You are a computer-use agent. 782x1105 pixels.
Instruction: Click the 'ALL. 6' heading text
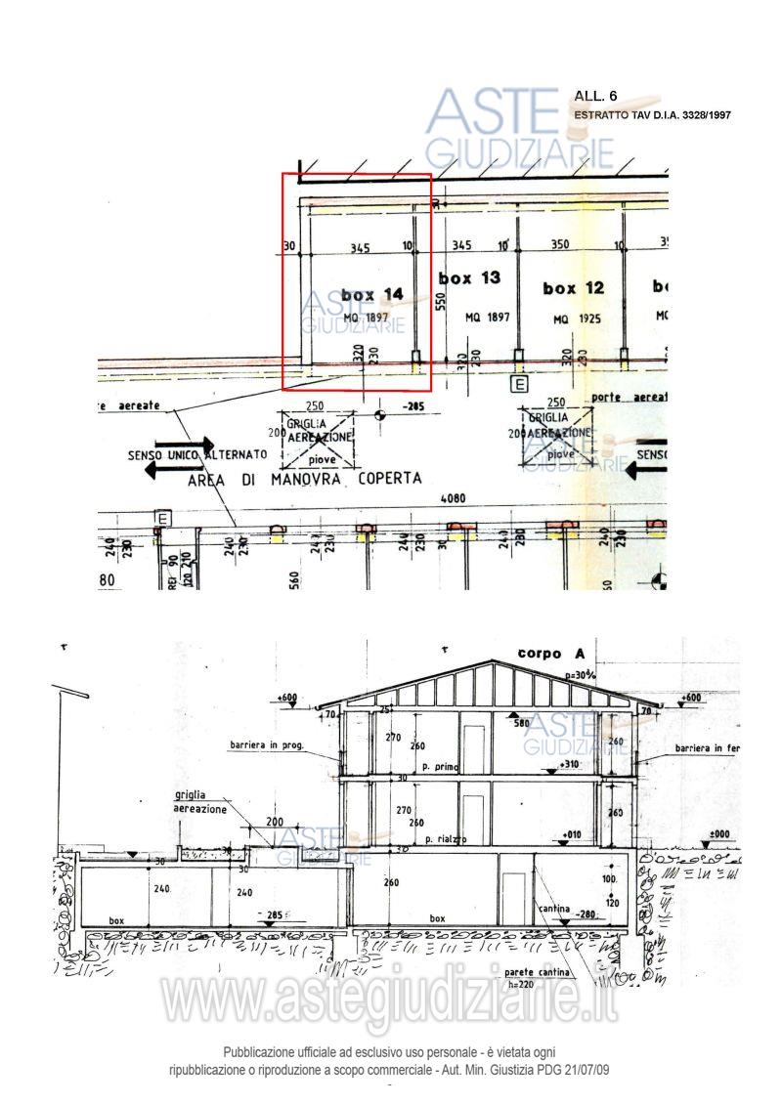[x=596, y=96]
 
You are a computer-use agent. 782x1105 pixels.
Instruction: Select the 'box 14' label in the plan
[x=371, y=294]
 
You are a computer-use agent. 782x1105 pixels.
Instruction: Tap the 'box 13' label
[x=469, y=278]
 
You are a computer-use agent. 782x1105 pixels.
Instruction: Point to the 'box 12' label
[x=573, y=288]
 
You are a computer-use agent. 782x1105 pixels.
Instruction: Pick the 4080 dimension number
[x=453, y=498]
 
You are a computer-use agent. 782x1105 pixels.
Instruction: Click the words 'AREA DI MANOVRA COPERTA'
[x=305, y=479]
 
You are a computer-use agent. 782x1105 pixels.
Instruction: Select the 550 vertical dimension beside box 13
[x=441, y=302]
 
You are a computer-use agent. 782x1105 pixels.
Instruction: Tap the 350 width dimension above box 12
[x=560, y=246]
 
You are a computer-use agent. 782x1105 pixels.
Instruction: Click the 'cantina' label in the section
[x=553, y=909]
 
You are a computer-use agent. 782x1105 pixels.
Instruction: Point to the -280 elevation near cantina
[x=584, y=915]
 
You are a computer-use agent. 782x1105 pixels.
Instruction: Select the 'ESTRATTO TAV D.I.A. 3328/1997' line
[x=653, y=115]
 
